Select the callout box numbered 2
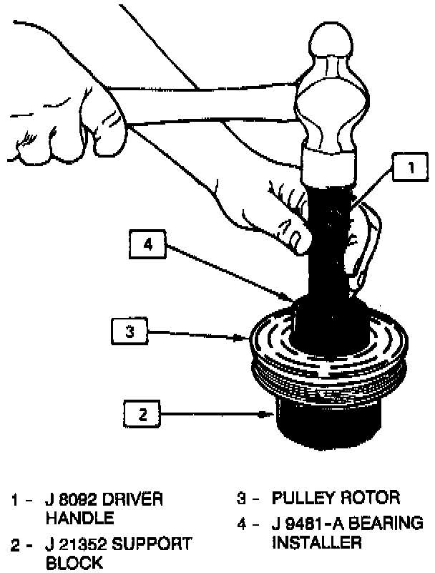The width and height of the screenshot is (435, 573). pos(142,413)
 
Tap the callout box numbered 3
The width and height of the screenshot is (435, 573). pos(129,332)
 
